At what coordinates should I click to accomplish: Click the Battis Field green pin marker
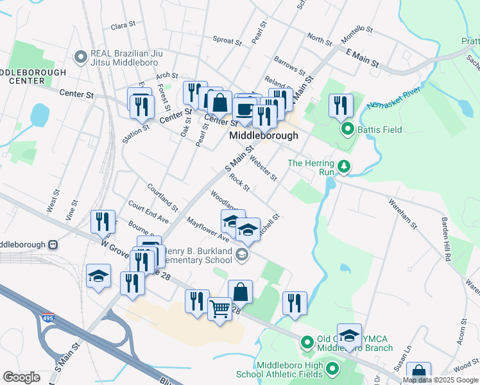(348, 130)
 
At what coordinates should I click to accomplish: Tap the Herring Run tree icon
(345, 167)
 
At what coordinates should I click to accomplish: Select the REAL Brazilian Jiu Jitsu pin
(81, 58)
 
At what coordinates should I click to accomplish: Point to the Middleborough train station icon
(53, 244)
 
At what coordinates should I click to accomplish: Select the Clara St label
(123, 26)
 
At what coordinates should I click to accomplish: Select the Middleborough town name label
(264, 136)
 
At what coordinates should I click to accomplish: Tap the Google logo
(22, 377)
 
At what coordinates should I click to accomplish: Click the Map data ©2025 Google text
(440, 380)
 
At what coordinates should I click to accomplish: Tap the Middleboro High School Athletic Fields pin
(332, 368)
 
